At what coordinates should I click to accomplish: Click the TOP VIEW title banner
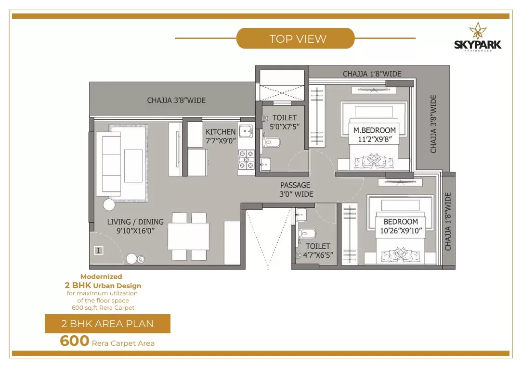click(295, 38)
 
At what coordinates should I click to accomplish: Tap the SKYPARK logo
click(478, 37)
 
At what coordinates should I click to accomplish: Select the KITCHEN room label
click(221, 132)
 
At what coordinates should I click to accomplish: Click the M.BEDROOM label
click(375, 130)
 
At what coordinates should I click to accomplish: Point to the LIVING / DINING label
click(135, 222)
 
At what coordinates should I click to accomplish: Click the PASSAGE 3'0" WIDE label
click(296, 190)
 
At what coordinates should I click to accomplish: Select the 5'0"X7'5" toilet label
click(285, 127)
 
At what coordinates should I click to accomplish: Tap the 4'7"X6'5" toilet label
click(318, 255)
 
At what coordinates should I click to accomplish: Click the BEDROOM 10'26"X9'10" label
click(401, 226)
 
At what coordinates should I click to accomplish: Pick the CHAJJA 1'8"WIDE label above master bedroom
click(372, 74)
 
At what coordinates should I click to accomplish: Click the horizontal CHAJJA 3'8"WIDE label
click(176, 100)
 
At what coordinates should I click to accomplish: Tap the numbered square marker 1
click(99, 250)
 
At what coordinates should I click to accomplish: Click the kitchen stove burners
click(246, 160)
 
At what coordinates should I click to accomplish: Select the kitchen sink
click(246, 131)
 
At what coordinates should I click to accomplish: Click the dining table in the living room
click(188, 236)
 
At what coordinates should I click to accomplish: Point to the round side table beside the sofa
click(109, 204)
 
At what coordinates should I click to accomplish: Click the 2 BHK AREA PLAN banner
click(107, 323)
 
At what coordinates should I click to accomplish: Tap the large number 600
click(75, 341)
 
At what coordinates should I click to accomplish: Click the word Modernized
click(101, 276)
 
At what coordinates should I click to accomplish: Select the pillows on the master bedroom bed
click(374, 160)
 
